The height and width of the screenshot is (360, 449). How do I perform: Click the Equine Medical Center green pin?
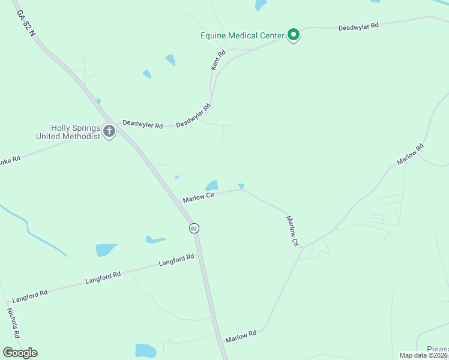point(293,35)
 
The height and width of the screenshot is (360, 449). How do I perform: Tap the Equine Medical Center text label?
point(242,35)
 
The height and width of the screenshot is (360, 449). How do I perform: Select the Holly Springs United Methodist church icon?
point(109,131)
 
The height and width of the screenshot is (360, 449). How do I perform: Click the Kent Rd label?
point(218,61)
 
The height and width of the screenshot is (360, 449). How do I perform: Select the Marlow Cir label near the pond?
point(199,197)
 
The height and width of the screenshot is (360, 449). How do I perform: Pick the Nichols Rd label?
point(13,323)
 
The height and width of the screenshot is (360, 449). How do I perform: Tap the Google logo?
point(20,353)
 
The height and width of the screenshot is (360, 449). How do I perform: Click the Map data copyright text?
point(424,355)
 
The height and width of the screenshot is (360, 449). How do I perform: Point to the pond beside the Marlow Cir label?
point(211,185)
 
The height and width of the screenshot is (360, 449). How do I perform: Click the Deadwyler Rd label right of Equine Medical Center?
point(358,27)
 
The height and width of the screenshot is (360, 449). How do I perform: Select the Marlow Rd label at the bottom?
point(241,337)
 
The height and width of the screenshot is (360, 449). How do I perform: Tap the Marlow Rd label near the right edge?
point(410,154)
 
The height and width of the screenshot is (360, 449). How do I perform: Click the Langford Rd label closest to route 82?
point(176,260)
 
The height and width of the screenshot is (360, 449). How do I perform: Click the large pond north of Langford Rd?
point(105,250)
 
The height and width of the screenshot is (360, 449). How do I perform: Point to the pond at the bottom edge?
point(145,350)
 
